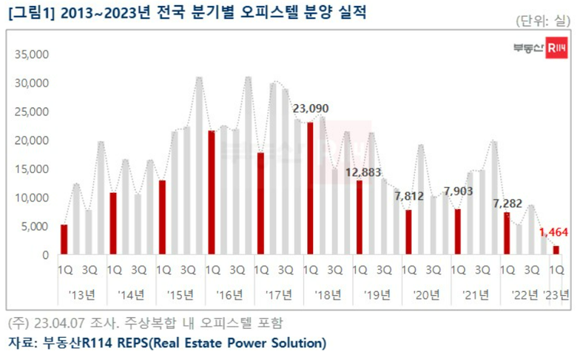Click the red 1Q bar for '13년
(64, 240)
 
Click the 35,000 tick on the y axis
(32, 54)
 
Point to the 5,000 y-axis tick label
(35, 227)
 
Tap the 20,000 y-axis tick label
(32, 140)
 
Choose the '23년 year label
(556, 296)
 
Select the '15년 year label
(180, 296)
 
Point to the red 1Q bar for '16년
(212, 193)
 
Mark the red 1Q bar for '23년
(556, 251)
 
